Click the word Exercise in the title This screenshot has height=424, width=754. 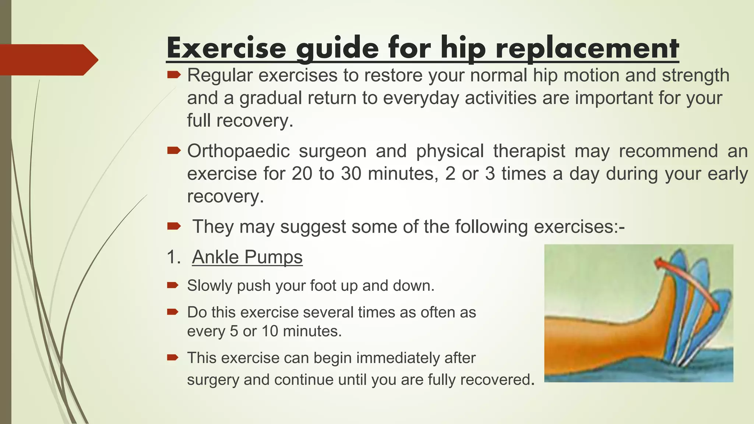pyautogui.click(x=226, y=48)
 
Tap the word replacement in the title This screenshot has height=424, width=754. pyautogui.click(x=587, y=48)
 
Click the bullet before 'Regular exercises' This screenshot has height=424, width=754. pyautogui.click(x=173, y=75)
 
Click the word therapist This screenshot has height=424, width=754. pyautogui.click(x=529, y=151)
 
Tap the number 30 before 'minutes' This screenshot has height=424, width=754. pyautogui.click(x=351, y=174)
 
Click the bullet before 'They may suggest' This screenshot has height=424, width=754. pyautogui.click(x=173, y=226)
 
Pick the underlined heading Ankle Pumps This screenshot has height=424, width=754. pyautogui.click(x=247, y=257)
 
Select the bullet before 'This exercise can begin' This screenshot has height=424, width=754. pyautogui.click(x=173, y=357)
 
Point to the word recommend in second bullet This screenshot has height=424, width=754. pyautogui.click(x=668, y=151)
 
